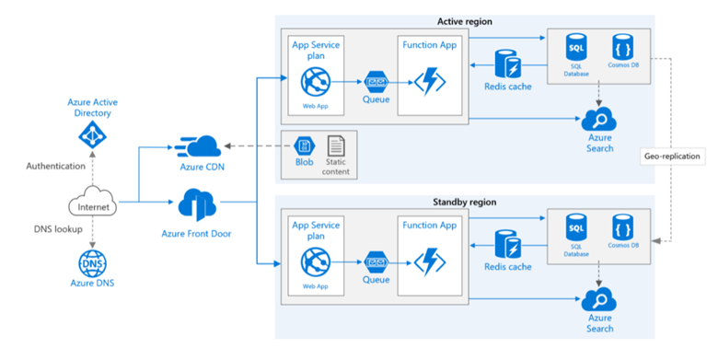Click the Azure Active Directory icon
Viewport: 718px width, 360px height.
(x=90, y=136)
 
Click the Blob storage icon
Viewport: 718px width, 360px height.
(x=303, y=146)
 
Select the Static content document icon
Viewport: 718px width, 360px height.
(x=336, y=145)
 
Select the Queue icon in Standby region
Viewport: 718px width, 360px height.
(x=375, y=261)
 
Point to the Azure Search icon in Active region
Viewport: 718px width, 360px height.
(x=599, y=120)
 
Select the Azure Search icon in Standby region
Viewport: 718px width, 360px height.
(x=599, y=300)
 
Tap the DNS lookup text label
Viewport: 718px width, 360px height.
(x=52, y=228)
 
